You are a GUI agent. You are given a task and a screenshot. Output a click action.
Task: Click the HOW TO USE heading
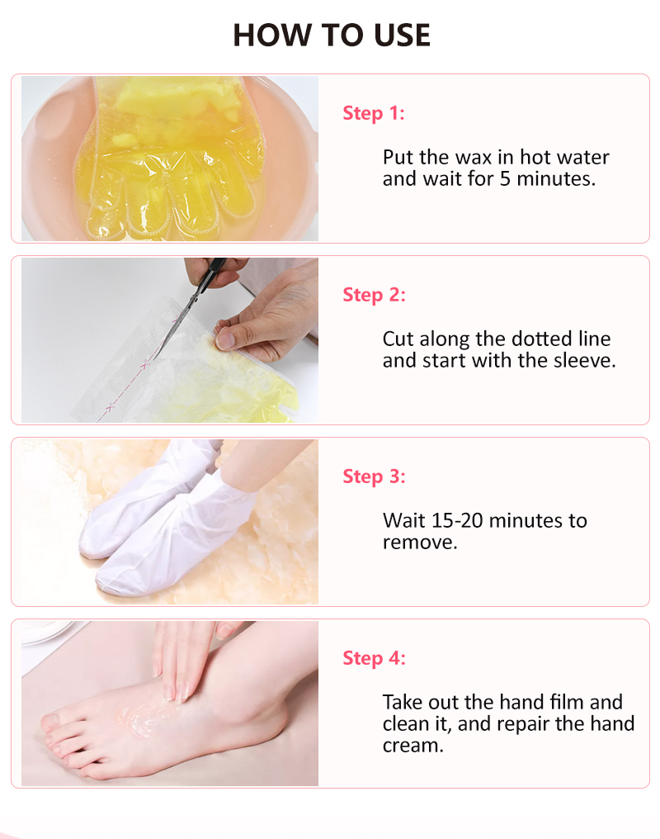pyautogui.click(x=332, y=36)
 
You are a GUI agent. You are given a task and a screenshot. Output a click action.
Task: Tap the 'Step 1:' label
pyautogui.click(x=374, y=113)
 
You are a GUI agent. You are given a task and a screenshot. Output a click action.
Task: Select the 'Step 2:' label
pyautogui.click(x=374, y=295)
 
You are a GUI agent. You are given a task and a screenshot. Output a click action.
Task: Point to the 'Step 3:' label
pyautogui.click(x=374, y=476)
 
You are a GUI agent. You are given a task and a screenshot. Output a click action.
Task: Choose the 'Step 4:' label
pyautogui.click(x=374, y=658)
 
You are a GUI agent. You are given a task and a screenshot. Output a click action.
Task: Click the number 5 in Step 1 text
pyautogui.click(x=505, y=179)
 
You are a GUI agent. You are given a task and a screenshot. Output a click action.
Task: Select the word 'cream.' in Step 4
pyautogui.click(x=413, y=746)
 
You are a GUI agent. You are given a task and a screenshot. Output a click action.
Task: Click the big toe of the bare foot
pyautogui.click(x=51, y=722)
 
